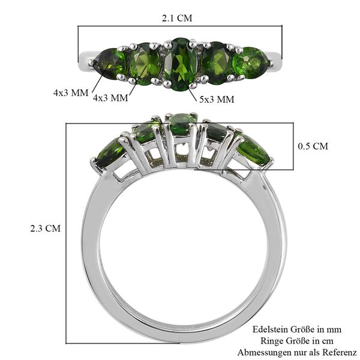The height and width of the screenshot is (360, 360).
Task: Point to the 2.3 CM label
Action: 46,229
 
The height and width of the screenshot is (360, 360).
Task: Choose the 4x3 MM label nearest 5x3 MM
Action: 110,98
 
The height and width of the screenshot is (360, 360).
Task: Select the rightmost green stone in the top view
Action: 250,62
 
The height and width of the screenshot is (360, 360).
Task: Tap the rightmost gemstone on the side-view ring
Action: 253,150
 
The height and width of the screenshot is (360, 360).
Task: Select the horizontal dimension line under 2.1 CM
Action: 179,26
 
